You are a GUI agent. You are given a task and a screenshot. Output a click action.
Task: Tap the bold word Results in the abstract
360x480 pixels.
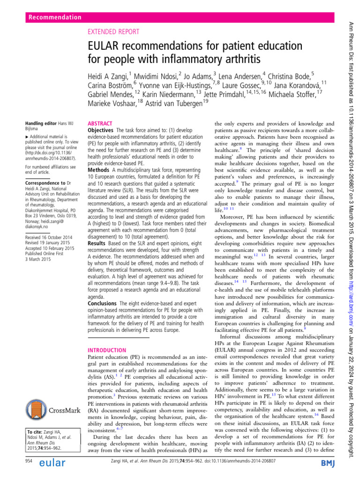pos(99,231)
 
